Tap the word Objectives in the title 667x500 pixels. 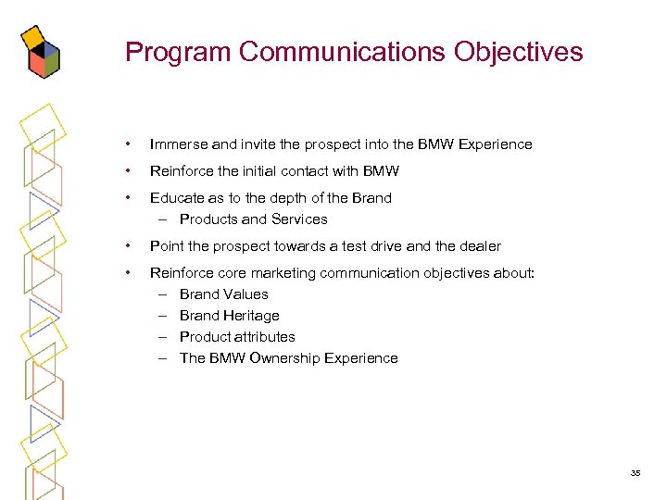519,52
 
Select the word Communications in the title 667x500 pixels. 343,52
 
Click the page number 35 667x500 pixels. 636,473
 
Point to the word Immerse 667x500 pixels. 179,144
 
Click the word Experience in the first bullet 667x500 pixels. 496,144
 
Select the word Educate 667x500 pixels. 176,198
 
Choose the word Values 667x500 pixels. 245,294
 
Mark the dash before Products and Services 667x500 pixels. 162,219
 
